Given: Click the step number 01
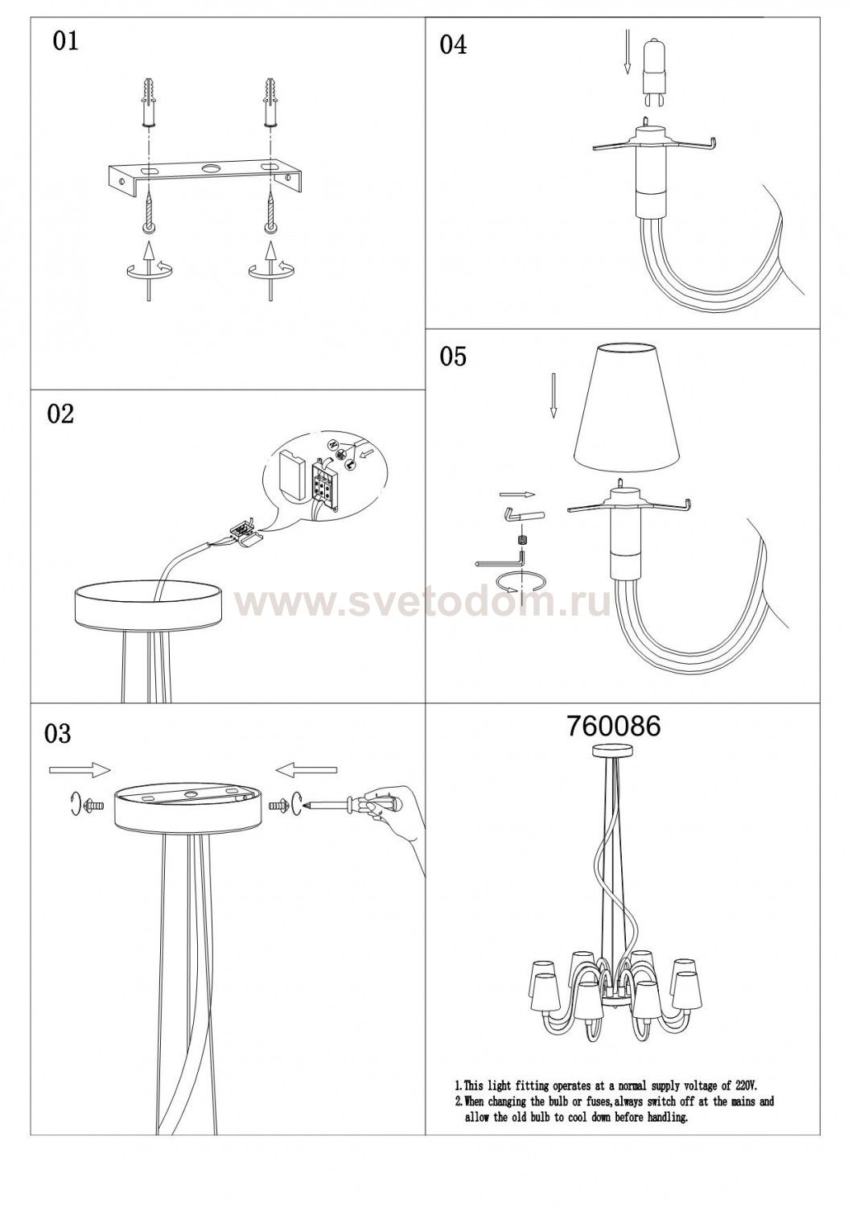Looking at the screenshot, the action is (65, 41).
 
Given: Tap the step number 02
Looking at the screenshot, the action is (60, 414).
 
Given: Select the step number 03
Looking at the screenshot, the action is (58, 733).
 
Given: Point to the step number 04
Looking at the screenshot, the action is (453, 45).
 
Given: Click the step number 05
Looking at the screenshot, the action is (453, 356).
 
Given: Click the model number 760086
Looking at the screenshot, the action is (613, 727).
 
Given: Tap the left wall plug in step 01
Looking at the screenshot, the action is (149, 102).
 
